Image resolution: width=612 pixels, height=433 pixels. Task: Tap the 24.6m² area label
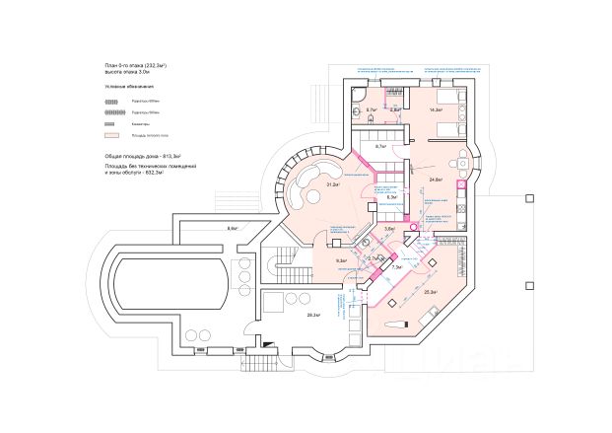436,180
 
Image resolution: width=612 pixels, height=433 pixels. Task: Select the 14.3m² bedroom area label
436,110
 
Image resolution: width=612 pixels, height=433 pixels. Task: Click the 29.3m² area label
313,315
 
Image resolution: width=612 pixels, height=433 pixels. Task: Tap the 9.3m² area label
341,261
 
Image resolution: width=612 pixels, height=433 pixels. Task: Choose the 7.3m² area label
396,267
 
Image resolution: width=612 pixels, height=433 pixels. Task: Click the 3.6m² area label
389,229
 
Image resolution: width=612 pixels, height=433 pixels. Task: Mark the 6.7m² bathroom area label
374,109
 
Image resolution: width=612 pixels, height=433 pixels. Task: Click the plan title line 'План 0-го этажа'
135,64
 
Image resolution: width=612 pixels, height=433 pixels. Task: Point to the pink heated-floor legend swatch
112,135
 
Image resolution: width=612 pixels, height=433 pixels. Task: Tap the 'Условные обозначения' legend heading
125,88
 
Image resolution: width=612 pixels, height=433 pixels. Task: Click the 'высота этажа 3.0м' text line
127,72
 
